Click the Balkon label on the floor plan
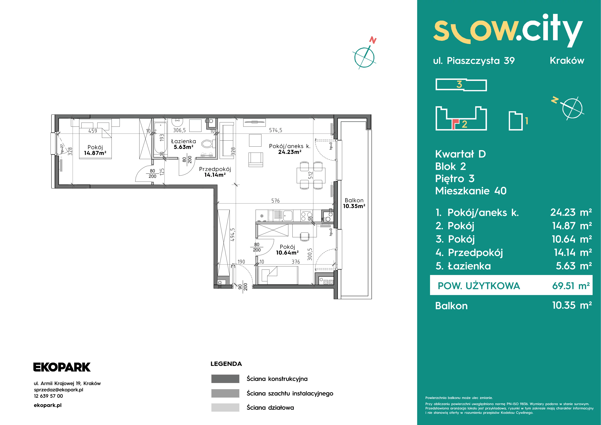click(354, 200)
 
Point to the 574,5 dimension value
click(276, 130)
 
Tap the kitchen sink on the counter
click(288, 216)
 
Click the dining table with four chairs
click(311, 175)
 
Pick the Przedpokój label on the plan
click(215, 169)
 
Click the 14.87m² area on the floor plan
click(95, 153)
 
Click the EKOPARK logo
click(62, 367)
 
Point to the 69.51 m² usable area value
click(571, 286)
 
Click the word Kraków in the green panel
click(567, 61)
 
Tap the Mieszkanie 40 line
click(471, 191)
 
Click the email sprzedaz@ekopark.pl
click(59, 390)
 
